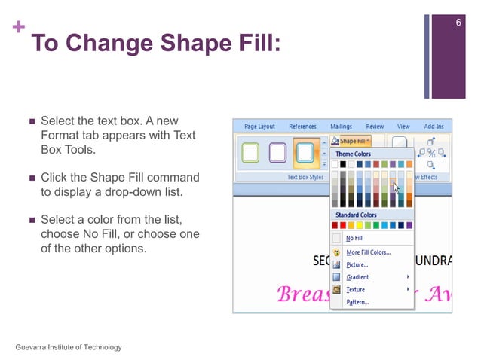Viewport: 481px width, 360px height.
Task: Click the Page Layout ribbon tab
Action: click(x=259, y=127)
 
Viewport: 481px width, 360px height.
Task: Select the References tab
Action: click(x=302, y=127)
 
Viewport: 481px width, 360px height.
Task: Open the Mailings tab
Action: click(x=341, y=127)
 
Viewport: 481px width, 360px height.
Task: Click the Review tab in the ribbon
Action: click(x=375, y=127)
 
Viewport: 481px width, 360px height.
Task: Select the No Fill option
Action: click(x=354, y=238)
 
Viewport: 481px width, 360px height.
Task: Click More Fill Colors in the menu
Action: click(x=367, y=252)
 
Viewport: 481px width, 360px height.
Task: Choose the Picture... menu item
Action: click(x=357, y=264)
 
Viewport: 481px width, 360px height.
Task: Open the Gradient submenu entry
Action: click(x=358, y=277)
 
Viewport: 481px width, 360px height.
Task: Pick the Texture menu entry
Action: click(x=355, y=289)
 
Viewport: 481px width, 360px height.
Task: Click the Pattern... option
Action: click(x=357, y=302)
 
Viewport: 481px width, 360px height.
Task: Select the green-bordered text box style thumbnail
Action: click(x=250, y=154)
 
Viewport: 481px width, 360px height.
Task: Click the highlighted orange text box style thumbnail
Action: click(x=305, y=154)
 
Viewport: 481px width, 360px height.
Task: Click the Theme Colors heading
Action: click(x=354, y=154)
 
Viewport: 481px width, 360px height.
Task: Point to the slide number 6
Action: click(x=458, y=26)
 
